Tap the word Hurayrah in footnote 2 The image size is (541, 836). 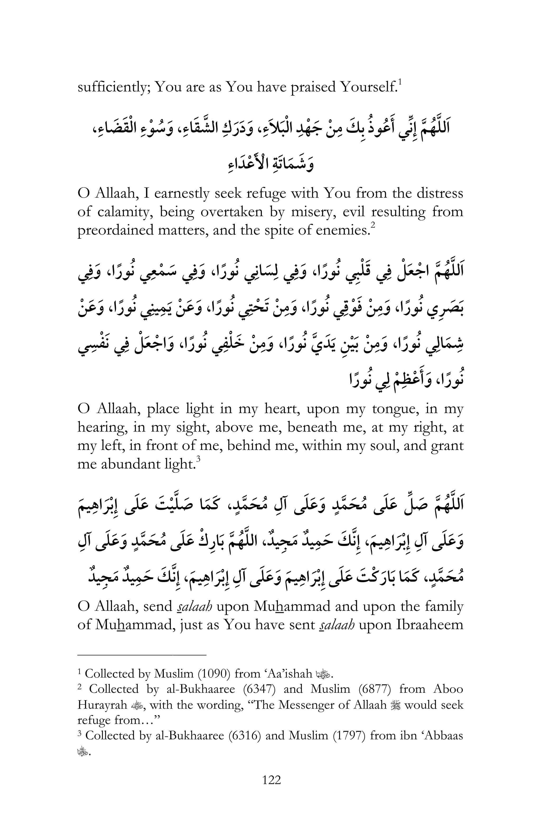click(102, 705)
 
